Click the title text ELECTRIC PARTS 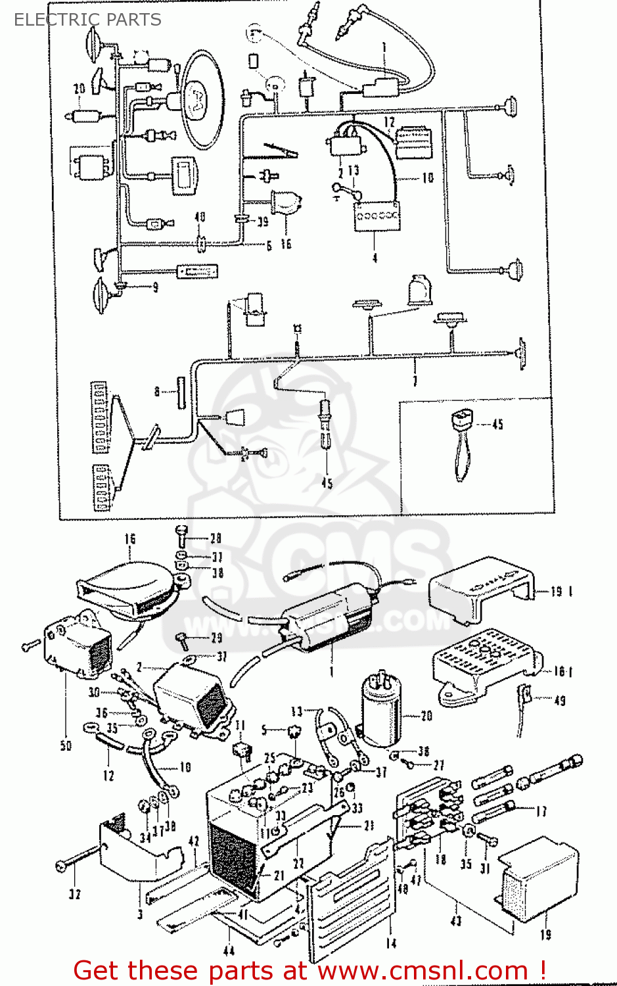click(87, 20)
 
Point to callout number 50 click(66, 745)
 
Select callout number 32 click(75, 894)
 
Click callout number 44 click(229, 950)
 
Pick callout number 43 click(456, 920)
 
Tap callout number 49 click(560, 701)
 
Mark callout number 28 click(216, 538)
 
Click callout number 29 click(216, 638)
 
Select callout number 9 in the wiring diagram click(155, 287)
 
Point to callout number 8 click(157, 392)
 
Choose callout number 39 click(262, 222)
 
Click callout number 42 click(193, 841)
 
